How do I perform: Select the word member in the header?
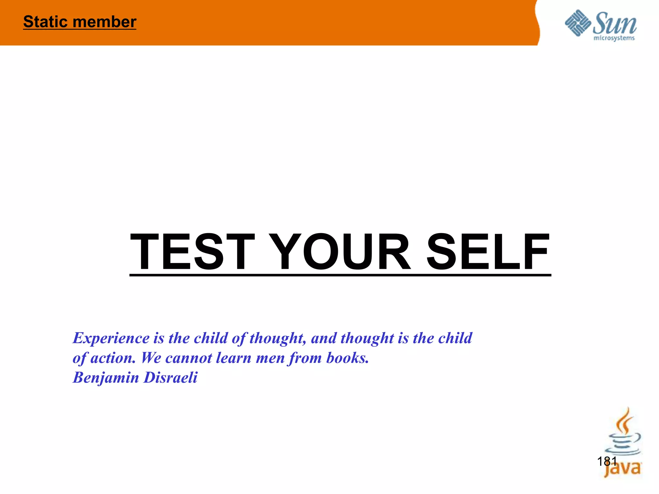[105, 22]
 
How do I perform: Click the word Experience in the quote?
[111, 338]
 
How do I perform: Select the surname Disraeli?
[171, 377]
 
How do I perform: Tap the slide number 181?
[607, 461]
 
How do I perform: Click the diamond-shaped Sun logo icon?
[578, 23]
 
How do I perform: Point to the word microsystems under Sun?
[614, 38]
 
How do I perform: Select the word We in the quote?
[151, 358]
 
